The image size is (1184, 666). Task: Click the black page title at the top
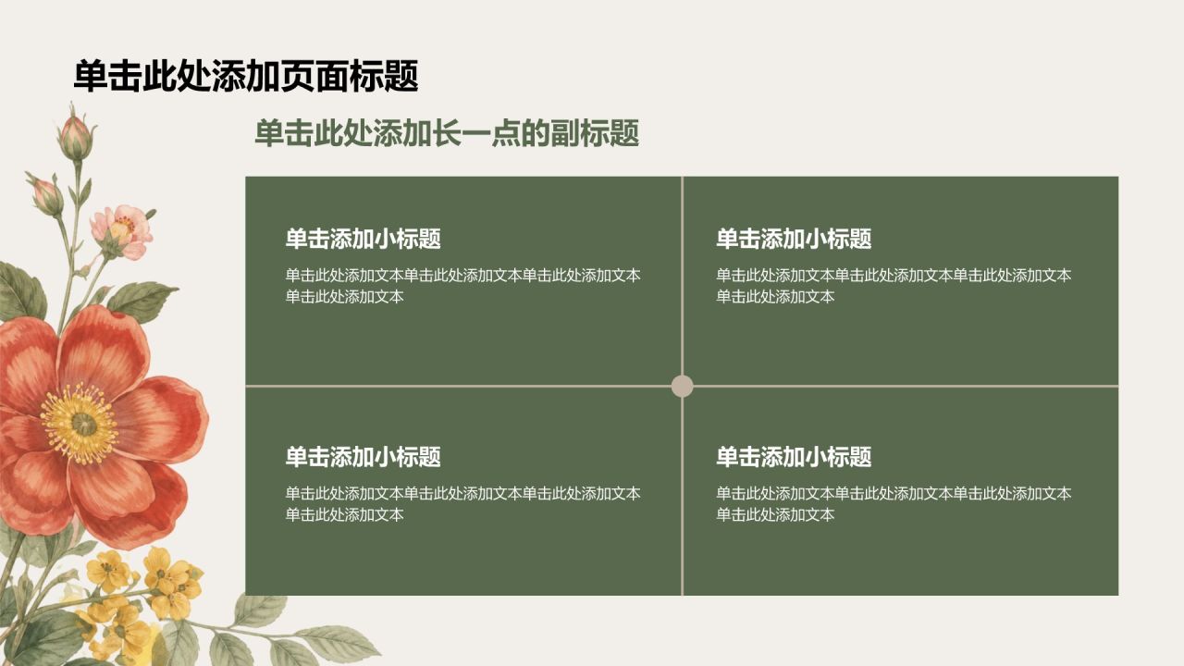[x=246, y=76]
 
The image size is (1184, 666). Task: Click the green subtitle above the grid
[x=447, y=133]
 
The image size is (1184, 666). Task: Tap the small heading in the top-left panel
[x=364, y=239]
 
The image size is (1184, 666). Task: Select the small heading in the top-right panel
[x=794, y=239]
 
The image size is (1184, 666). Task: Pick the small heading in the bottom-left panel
[x=364, y=457]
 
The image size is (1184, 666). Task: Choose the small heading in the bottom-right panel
[x=794, y=457]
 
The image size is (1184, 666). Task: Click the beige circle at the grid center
[x=683, y=387]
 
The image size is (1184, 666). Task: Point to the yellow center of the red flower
[x=80, y=424]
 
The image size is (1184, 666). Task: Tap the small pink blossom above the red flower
[x=122, y=231]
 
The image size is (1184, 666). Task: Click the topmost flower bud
[x=76, y=135]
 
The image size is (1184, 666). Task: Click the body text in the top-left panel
[x=463, y=286]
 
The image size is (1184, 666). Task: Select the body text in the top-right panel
[x=894, y=286]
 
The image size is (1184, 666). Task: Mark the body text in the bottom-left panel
[x=463, y=504]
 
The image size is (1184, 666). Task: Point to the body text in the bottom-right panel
[x=894, y=504]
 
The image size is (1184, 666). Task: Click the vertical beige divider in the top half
[x=683, y=276]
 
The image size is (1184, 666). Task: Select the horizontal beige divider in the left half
[x=458, y=387]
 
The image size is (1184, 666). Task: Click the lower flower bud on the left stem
[x=45, y=193]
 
